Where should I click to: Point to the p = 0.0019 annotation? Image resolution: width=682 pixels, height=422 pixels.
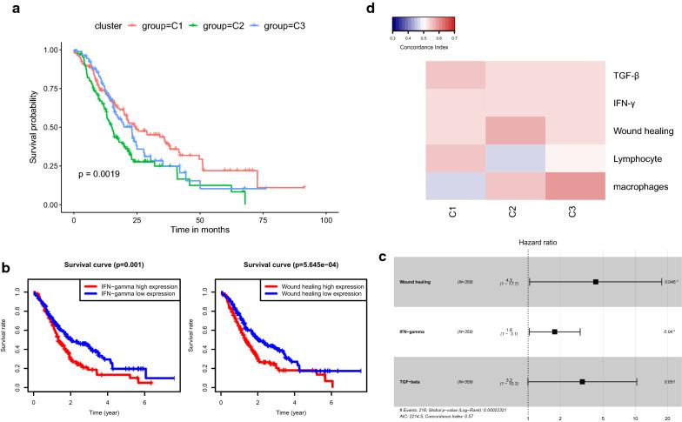(x=97, y=174)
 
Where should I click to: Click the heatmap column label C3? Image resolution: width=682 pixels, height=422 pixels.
(x=575, y=213)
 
